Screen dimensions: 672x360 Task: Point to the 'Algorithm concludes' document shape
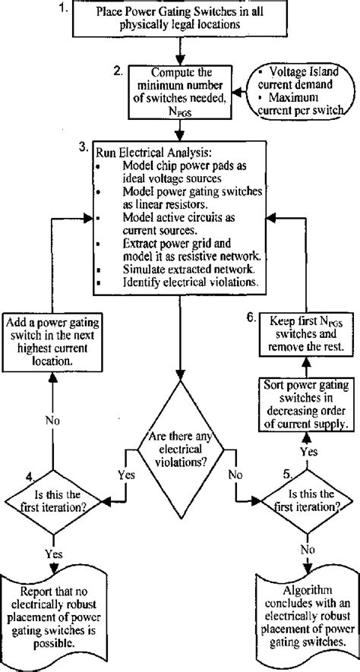(x=308, y=614)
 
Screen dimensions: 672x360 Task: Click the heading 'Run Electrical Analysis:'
(x=144, y=151)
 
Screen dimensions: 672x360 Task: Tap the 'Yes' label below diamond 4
(x=52, y=554)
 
